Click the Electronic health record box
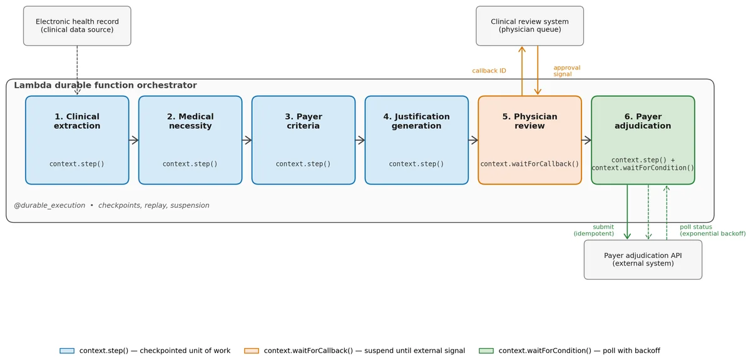(77, 26)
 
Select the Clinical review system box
(529, 26)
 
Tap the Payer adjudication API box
(643, 259)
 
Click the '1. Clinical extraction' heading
(77, 121)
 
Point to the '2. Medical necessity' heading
(190, 121)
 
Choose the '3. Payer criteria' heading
(304, 121)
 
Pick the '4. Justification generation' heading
(416, 121)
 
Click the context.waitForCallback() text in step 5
(529, 164)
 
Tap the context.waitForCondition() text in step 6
(643, 168)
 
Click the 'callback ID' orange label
(489, 71)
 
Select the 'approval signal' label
(566, 71)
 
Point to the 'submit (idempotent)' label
(594, 230)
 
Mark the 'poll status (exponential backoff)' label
(712, 230)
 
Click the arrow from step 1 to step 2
(134, 140)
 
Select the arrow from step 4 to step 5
(473, 140)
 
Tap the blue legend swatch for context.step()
(67, 351)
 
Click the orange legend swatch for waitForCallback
(252, 351)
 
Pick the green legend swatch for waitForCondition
(486, 351)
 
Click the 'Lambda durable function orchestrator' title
(105, 85)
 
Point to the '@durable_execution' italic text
(49, 205)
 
